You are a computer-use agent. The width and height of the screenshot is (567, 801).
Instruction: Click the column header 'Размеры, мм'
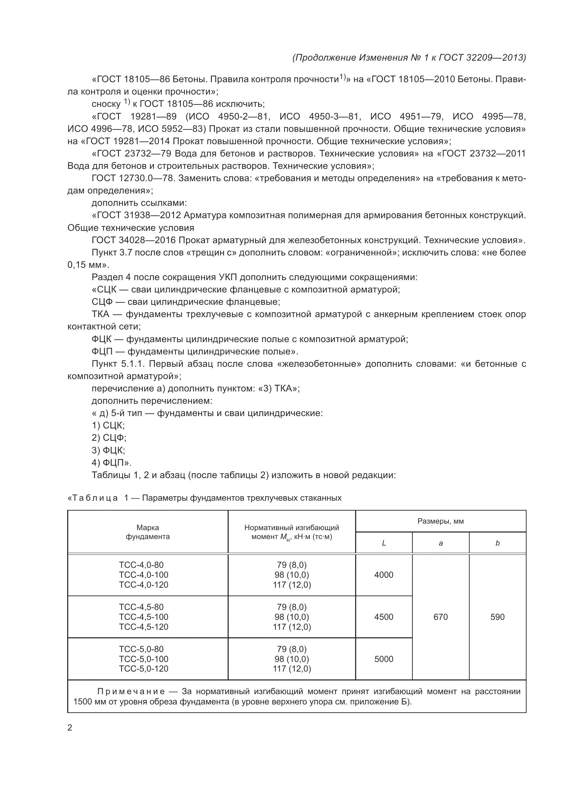(440, 521)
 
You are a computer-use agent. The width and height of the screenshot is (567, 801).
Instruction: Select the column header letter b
(497, 543)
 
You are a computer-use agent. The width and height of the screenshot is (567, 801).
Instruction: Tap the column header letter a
(440, 543)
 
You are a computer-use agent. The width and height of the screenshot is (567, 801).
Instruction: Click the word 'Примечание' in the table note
(131, 691)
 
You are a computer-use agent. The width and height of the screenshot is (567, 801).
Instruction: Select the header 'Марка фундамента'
(147, 532)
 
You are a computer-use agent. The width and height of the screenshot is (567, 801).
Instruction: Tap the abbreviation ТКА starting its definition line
(100, 314)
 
